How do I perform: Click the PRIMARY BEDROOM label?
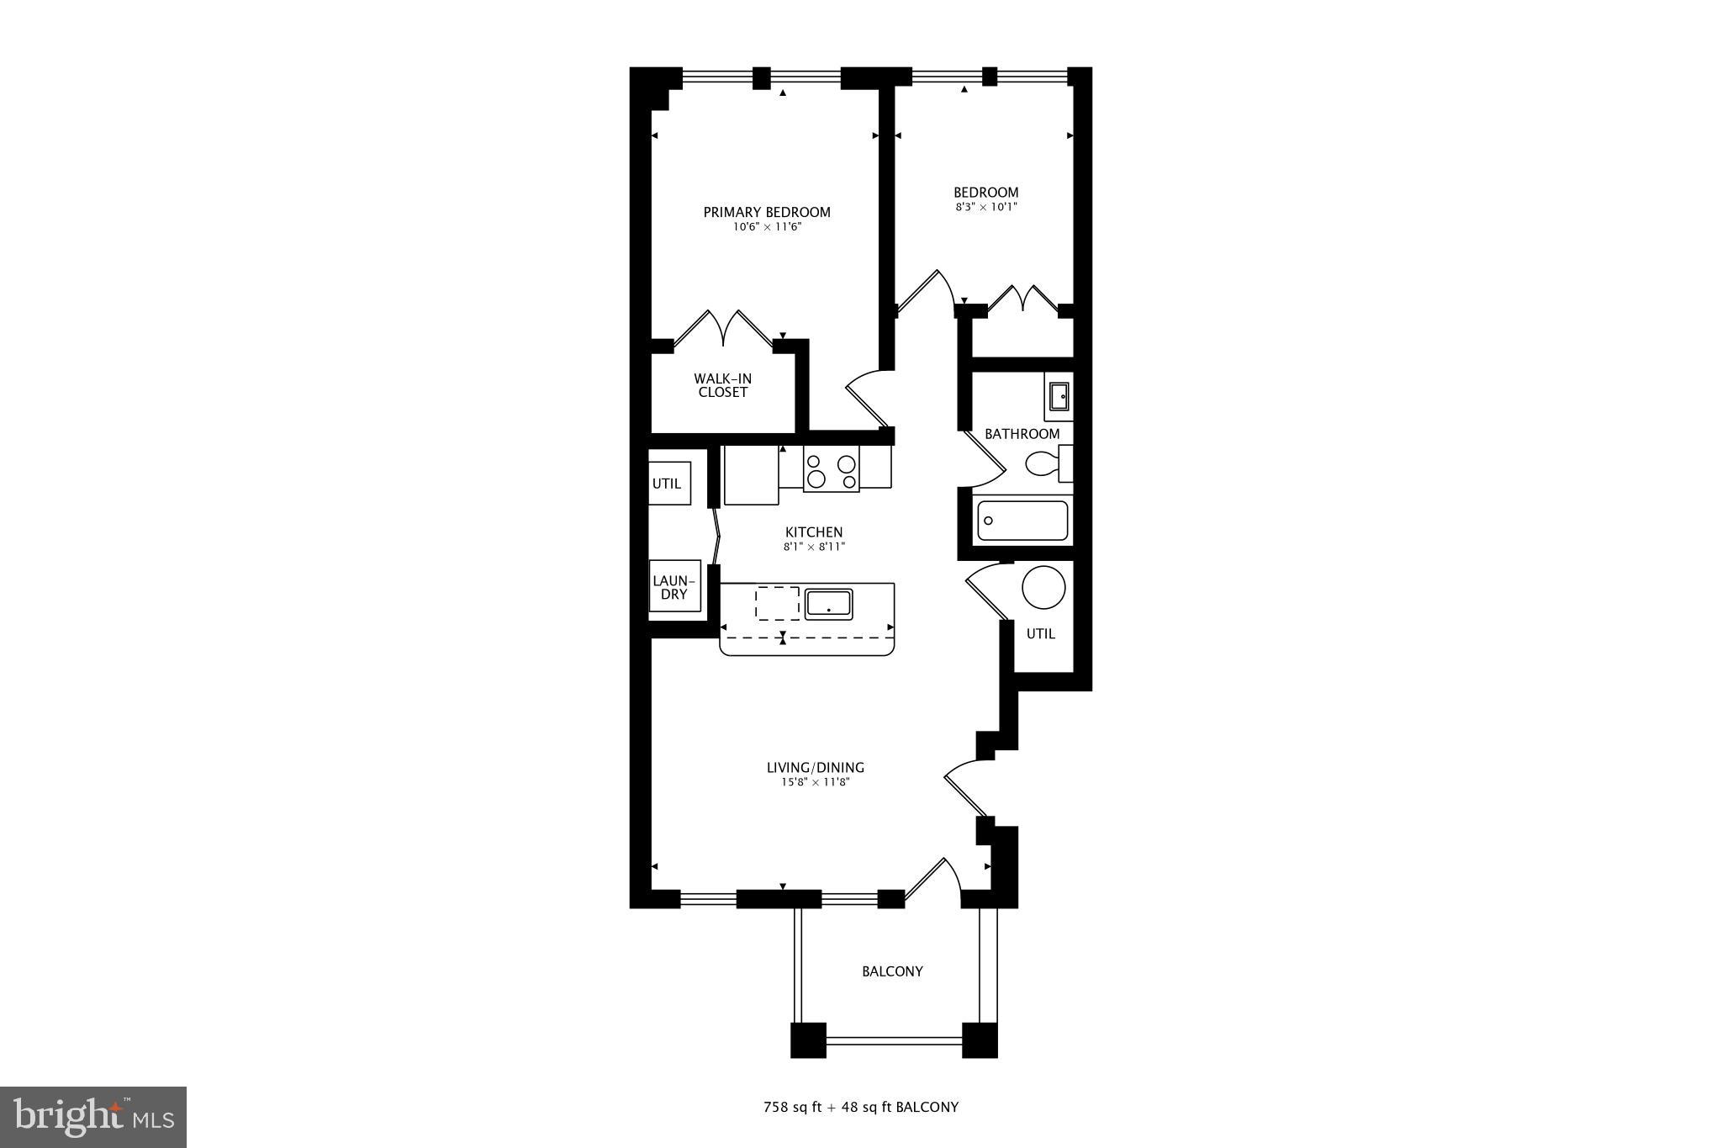tap(767, 212)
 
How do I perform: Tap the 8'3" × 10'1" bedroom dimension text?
tap(985, 207)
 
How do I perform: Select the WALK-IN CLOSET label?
tap(722, 385)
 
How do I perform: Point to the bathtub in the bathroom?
tap(1022, 520)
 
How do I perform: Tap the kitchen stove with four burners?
tap(831, 468)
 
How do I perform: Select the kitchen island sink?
tap(828, 604)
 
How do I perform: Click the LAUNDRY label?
tap(674, 587)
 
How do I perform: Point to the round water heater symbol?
tap(1043, 587)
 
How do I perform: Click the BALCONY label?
tap(892, 971)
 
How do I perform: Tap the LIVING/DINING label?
tap(815, 767)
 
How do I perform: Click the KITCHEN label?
tap(814, 532)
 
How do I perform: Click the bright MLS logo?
tap(94, 1117)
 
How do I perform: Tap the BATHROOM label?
tap(1022, 434)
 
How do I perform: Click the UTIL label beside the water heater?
tap(1041, 634)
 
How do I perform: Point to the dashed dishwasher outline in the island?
tap(777, 603)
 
